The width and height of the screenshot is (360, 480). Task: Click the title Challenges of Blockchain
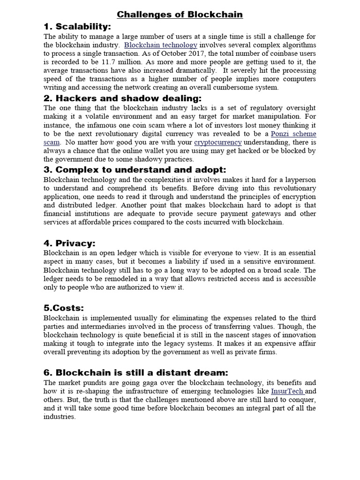click(x=180, y=15)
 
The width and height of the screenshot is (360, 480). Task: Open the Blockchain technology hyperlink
click(x=160, y=45)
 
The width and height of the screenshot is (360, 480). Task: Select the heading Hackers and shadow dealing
click(x=128, y=98)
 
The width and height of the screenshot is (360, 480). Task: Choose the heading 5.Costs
click(x=63, y=307)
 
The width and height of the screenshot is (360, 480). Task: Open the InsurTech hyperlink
click(x=287, y=391)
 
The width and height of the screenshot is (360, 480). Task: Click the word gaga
click(x=139, y=382)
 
